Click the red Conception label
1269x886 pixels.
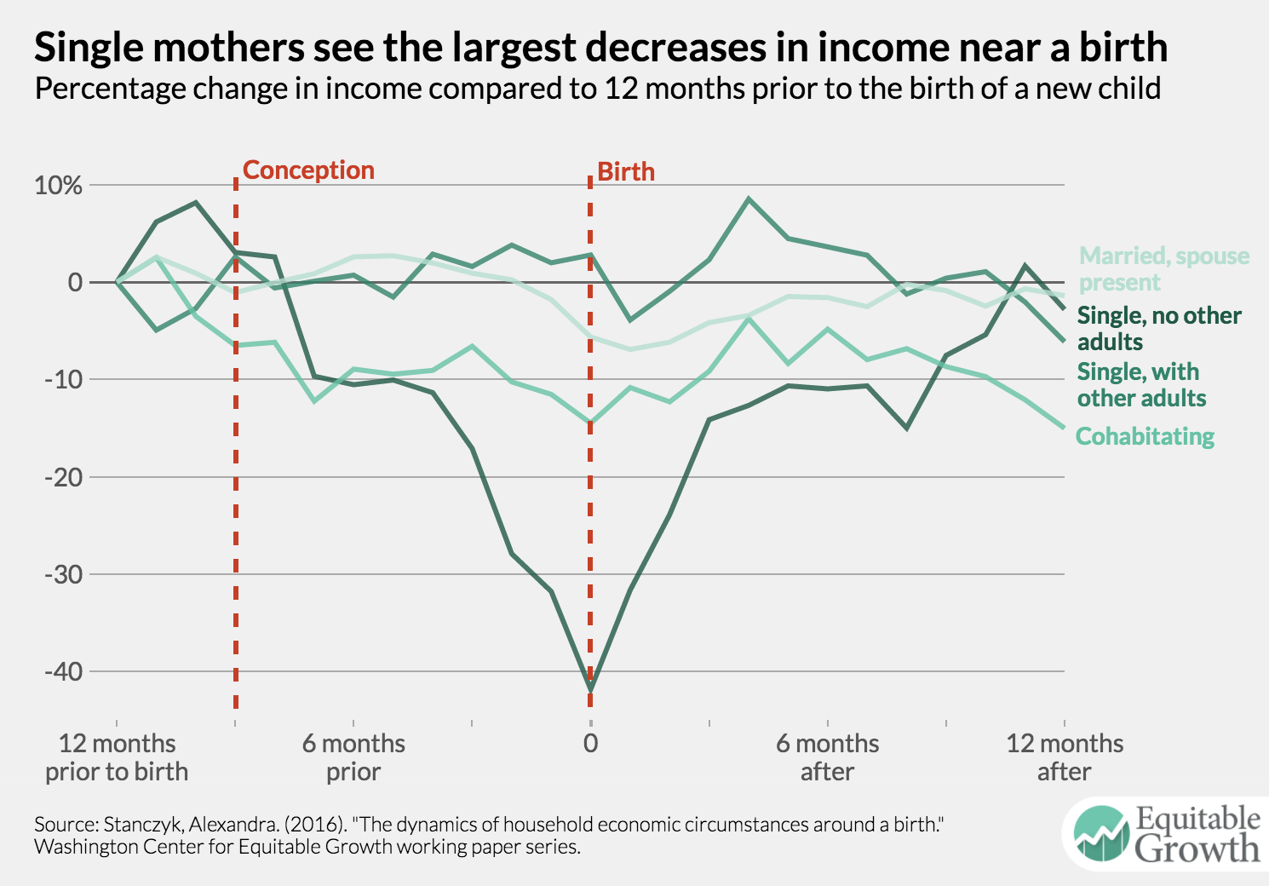coord(308,170)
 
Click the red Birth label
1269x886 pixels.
coord(626,172)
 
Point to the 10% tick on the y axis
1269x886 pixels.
coord(59,186)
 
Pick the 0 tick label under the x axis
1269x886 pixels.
coord(590,744)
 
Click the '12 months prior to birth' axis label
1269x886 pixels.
coord(117,757)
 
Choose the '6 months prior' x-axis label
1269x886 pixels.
coord(353,757)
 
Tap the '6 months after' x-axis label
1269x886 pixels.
coord(827,757)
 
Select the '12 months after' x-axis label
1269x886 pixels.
coord(1065,757)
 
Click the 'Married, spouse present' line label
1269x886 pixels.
coord(1163,269)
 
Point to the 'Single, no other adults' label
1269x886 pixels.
coord(1159,329)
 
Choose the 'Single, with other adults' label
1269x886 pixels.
coord(1141,385)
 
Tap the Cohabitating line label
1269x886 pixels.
coord(1145,436)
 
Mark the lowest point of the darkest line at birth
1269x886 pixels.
coord(590,688)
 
